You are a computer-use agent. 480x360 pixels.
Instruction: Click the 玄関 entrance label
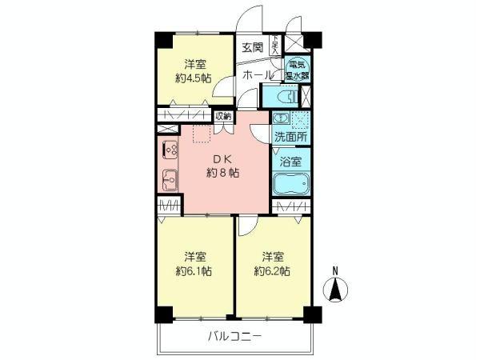coord(251,47)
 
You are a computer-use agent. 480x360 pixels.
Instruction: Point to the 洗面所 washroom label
coord(290,137)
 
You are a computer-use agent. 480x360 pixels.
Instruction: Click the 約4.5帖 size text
coord(194,78)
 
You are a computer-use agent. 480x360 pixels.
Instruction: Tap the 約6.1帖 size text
coord(194,271)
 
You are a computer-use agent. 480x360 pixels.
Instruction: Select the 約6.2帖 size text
coord(272,271)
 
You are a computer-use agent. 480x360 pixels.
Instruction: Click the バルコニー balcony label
coord(237,337)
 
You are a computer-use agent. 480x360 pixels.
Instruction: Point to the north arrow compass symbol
coord(336,289)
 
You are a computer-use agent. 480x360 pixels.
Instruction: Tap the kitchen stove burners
coord(171,149)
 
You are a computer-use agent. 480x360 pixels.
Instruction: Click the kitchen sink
coord(170,178)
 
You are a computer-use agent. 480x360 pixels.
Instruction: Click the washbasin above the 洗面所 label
coord(279,119)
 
